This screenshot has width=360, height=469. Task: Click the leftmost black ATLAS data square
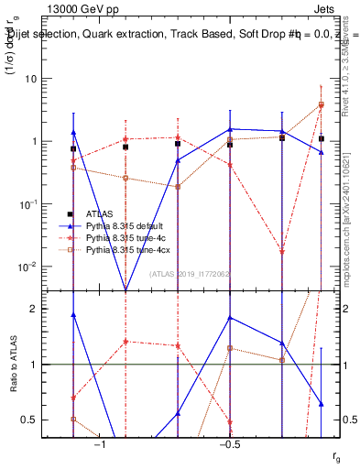pyautogui.click(x=73, y=148)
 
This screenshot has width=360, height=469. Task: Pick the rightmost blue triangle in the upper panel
pyautogui.click(x=322, y=152)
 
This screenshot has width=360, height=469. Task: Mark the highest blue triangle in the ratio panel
pyautogui.click(x=73, y=314)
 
